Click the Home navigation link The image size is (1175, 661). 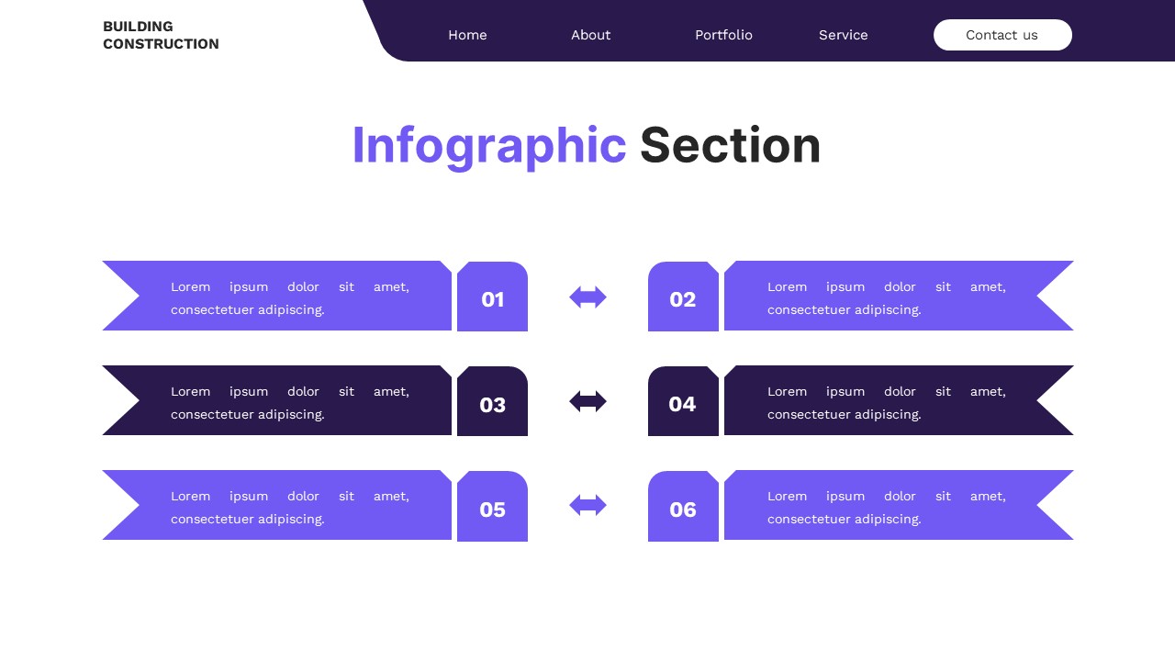[467, 35]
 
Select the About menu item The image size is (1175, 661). [590, 35]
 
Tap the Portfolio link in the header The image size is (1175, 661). [723, 35]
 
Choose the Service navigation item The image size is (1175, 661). [843, 35]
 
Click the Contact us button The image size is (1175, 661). [1002, 35]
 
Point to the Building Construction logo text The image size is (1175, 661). [161, 35]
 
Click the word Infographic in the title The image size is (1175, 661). [488, 145]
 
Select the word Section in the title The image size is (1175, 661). [730, 145]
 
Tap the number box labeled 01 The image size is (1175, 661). [493, 298]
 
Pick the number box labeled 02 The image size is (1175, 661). [683, 298]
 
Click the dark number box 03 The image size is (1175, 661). [493, 403]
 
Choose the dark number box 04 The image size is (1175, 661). [683, 403]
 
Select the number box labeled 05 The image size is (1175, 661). [493, 508]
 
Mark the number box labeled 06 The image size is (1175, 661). [683, 508]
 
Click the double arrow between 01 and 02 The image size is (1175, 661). [587, 297]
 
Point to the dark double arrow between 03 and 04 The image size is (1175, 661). [587, 401]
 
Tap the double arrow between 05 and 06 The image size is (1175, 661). [587, 505]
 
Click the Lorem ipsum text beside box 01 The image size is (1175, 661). [289, 297]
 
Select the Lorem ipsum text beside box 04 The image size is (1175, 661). [886, 402]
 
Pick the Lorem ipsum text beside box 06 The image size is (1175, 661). [886, 507]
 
